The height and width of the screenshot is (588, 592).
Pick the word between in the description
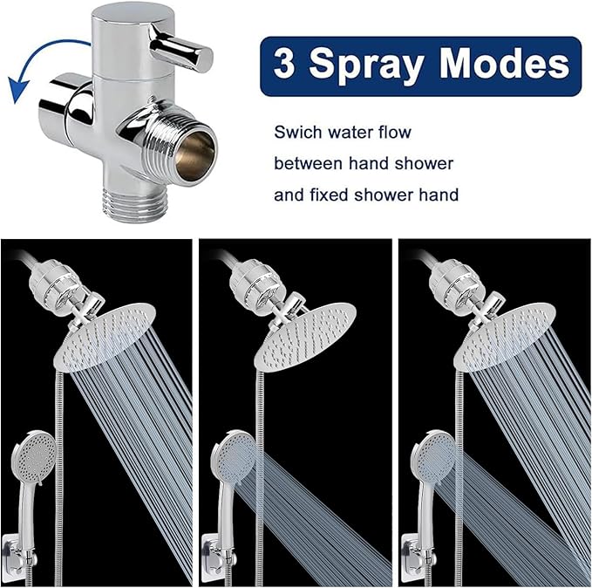[307, 163]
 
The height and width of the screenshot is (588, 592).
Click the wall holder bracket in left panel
[28, 555]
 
